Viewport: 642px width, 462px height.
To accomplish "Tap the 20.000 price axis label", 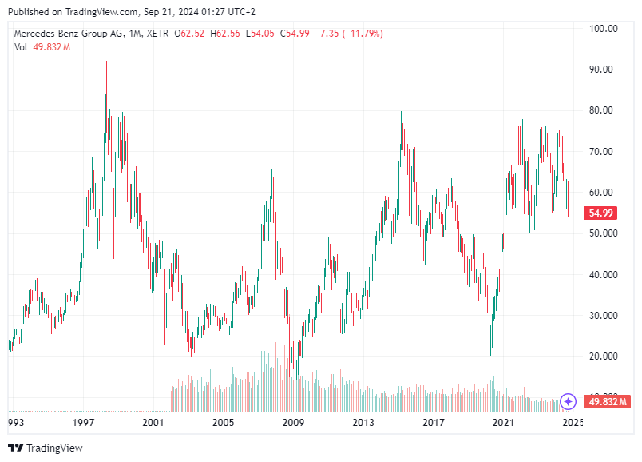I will pyautogui.click(x=603, y=356).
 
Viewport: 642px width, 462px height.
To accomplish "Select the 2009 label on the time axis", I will pyautogui.click(x=293, y=422).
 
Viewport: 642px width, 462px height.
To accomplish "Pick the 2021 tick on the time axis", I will pyautogui.click(x=503, y=422).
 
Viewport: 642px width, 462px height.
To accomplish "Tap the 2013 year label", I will pyautogui.click(x=363, y=422).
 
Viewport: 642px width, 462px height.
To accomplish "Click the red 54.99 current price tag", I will pyautogui.click(x=600, y=213).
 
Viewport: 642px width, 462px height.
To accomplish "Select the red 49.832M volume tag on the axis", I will pyautogui.click(x=608, y=401).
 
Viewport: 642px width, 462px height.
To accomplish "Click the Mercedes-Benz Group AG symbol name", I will pyautogui.click(x=73, y=34).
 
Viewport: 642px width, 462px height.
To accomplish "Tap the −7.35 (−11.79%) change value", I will pyautogui.click(x=349, y=34).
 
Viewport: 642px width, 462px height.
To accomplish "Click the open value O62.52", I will pyautogui.click(x=192, y=34).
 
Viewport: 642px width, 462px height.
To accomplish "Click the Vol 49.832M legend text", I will pyautogui.click(x=42, y=47).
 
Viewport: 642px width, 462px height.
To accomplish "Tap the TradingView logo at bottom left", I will pyautogui.click(x=46, y=448).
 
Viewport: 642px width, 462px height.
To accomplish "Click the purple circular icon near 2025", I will pyautogui.click(x=568, y=401).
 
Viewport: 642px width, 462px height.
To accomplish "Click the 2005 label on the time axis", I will pyautogui.click(x=223, y=422).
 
